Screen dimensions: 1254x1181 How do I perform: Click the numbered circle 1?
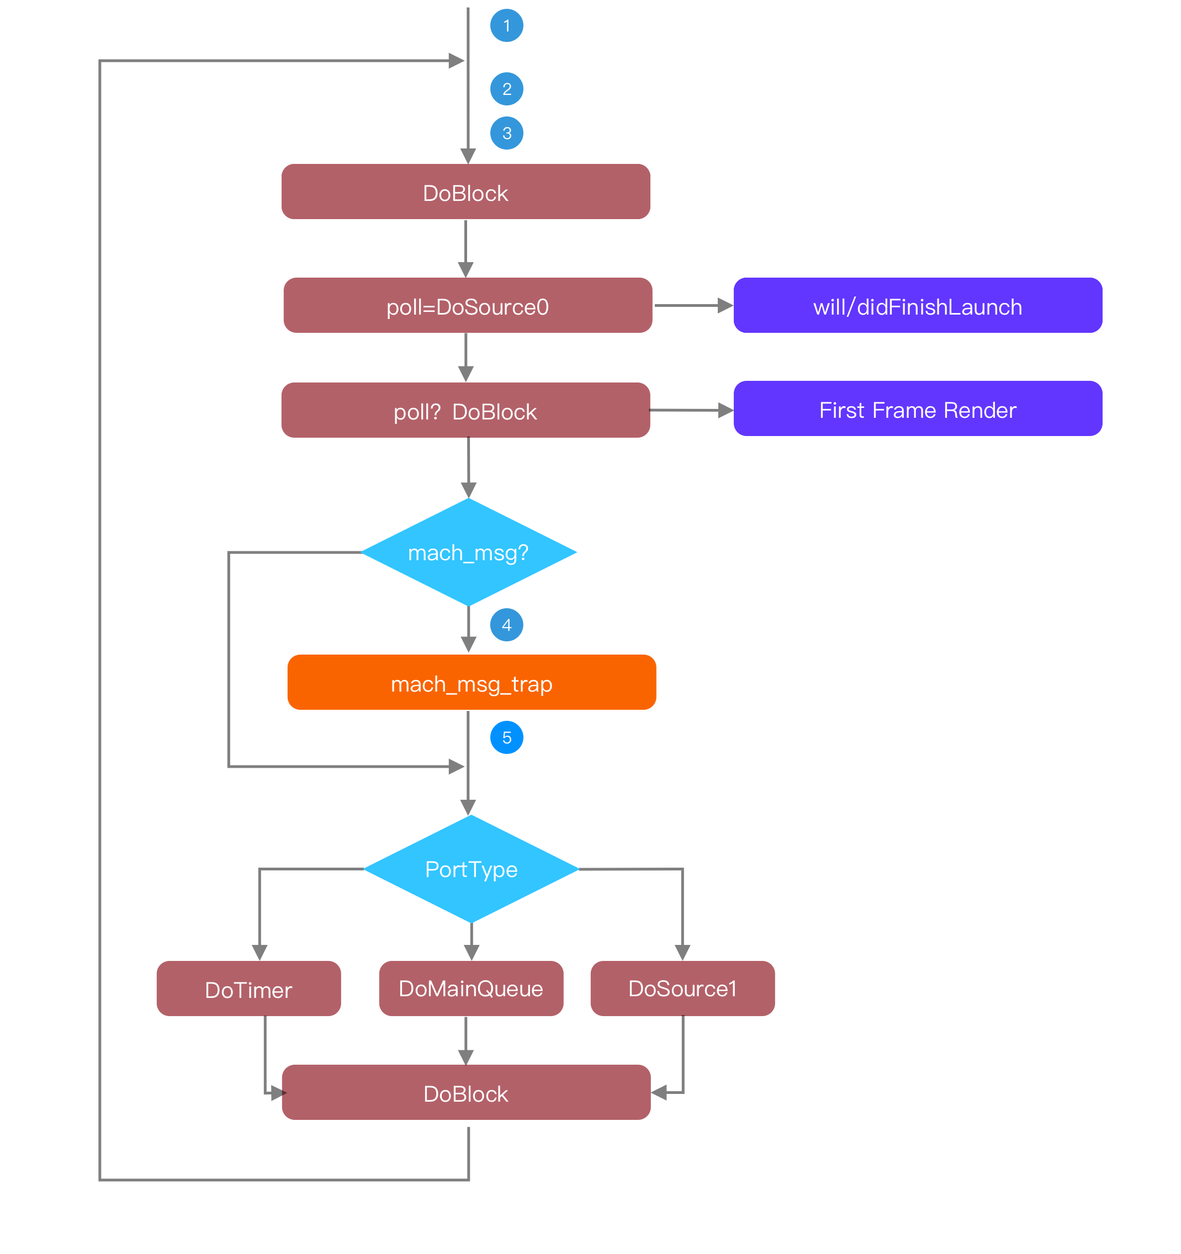coord(507,26)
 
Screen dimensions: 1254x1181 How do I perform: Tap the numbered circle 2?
coord(507,89)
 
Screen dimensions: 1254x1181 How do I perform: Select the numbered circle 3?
coord(507,133)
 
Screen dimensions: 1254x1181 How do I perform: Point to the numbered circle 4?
coord(507,625)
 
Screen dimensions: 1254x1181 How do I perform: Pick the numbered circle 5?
coord(507,737)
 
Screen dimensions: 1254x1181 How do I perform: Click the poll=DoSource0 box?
coord(468,306)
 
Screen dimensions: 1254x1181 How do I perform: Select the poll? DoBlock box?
coord(465,411)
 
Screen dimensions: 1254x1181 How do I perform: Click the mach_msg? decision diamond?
coord(468,552)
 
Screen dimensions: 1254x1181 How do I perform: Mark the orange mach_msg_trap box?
coord(472,683)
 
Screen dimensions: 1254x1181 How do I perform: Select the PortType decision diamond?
coord(472,869)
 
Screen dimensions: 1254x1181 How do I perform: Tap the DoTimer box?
coord(248,989)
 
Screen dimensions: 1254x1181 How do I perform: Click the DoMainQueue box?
coord(470,989)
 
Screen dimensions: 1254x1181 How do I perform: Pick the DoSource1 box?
coord(682,989)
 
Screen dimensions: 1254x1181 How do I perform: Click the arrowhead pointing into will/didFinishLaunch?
coord(725,306)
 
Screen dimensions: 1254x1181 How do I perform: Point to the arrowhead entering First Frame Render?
coord(725,411)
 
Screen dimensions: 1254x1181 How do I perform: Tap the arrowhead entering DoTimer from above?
coord(259,953)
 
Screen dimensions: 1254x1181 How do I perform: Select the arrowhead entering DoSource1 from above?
coord(682,953)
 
